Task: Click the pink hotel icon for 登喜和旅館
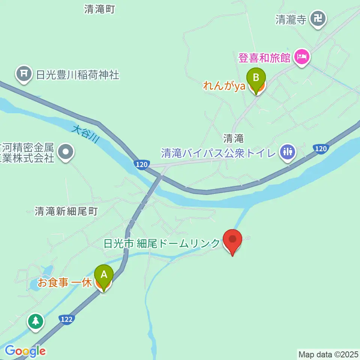pos(302,57)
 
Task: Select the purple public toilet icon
pos(288,152)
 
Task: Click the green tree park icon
pos(36,321)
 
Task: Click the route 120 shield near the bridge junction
pos(142,165)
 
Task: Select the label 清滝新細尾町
pos(66,211)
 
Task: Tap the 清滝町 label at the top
pos(99,10)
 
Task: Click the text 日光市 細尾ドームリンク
pos(162,244)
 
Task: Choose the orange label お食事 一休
pos(64,283)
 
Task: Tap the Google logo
pos(25,351)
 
